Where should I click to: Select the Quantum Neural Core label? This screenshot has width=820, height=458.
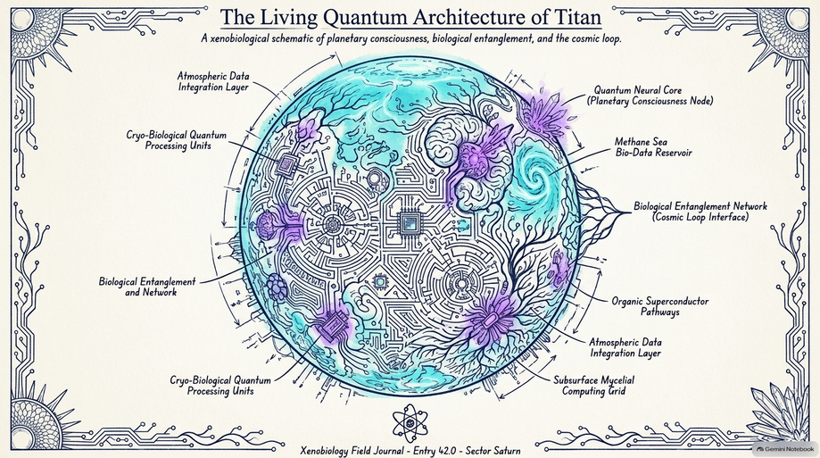click(x=650, y=96)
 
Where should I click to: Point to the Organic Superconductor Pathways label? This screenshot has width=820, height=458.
click(x=660, y=307)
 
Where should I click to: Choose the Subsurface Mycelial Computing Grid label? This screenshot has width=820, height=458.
click(x=593, y=386)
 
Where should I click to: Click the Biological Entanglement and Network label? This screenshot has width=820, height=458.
click(x=147, y=287)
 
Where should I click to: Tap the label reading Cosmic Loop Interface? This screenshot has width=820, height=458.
click(x=700, y=217)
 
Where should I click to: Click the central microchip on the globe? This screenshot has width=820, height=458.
click(x=410, y=223)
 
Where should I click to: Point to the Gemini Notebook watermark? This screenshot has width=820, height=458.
click(x=785, y=449)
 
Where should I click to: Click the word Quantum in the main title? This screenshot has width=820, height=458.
click(x=365, y=17)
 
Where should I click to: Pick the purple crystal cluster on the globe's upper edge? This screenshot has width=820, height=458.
click(x=545, y=112)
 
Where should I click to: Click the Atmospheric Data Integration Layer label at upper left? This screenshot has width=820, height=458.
click(x=213, y=81)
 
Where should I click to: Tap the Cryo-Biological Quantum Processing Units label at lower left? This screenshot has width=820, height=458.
click(x=220, y=386)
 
